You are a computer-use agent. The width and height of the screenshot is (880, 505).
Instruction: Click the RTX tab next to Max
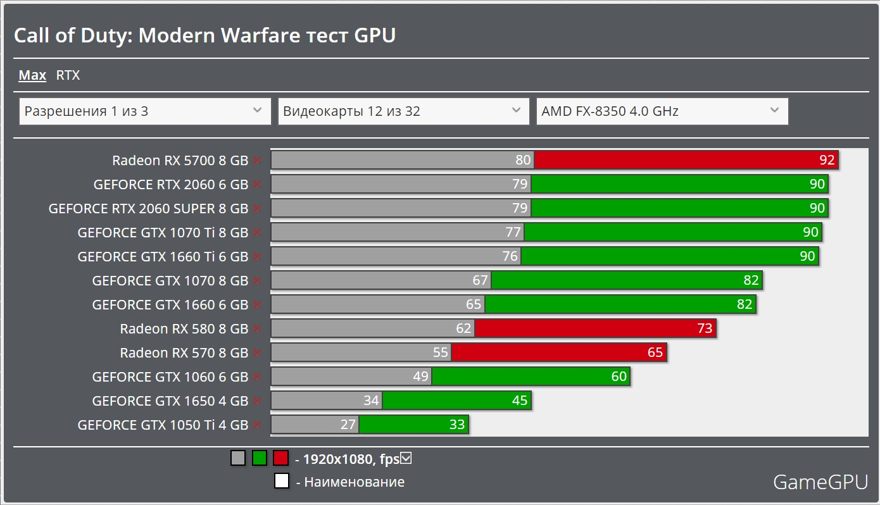coord(68,75)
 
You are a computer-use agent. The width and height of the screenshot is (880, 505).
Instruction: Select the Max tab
coord(32,75)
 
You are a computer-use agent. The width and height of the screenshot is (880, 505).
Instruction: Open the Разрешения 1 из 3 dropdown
coord(145,111)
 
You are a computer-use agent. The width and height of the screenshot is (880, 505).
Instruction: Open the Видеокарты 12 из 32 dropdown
coord(403,111)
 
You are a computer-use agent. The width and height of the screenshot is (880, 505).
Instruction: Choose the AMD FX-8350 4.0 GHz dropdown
coord(662,111)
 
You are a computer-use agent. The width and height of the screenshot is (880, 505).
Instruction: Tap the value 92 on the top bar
coord(827,160)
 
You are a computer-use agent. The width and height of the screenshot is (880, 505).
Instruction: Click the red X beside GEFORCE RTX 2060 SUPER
coord(256,209)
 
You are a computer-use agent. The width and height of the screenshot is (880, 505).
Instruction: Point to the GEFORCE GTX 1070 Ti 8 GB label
coord(163,232)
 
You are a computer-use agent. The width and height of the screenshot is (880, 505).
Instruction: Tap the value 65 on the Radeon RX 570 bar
coord(655,352)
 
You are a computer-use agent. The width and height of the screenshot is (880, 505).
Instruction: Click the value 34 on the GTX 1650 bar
coord(371,401)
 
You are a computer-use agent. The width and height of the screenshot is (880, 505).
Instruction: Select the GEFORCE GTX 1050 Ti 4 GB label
coord(163,425)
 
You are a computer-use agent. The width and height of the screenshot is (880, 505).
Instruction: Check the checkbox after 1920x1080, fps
coord(406,458)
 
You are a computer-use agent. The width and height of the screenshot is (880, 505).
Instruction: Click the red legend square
coord(280,458)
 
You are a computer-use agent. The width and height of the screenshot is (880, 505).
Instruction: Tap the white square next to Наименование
coord(282,482)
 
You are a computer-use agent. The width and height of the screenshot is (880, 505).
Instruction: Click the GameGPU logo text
coord(820,482)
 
